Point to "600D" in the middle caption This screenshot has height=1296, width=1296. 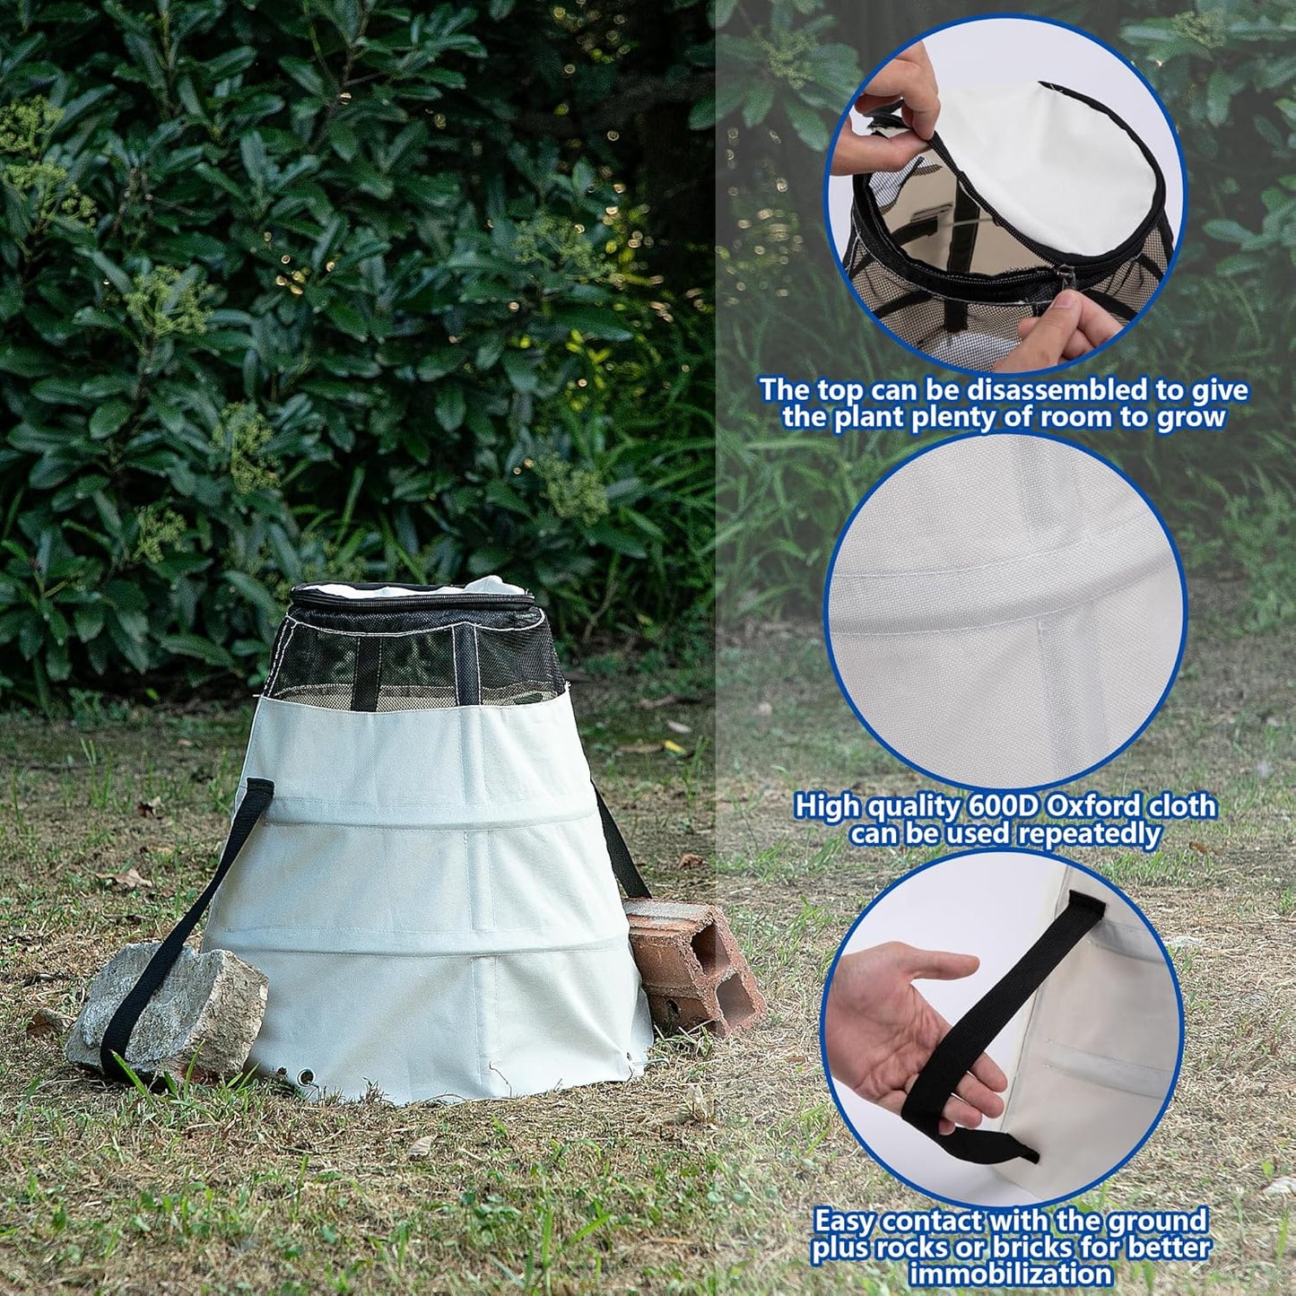pyautogui.click(x=1004, y=806)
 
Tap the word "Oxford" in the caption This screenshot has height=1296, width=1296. pyautogui.click(x=1099, y=806)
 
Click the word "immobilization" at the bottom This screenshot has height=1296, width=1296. pyautogui.click(x=1011, y=1274)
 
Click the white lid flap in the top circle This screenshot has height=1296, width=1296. pyautogui.click(x=1058, y=161)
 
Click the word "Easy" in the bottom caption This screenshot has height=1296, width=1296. pyautogui.click(x=845, y=1222)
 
